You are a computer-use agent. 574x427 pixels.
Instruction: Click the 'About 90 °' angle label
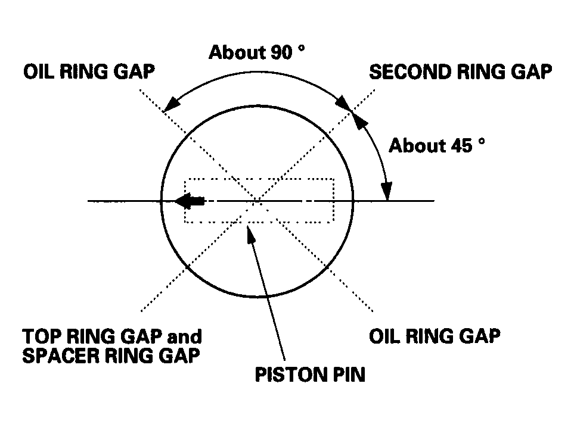tap(257, 52)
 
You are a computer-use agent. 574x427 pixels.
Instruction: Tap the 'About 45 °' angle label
tap(437, 146)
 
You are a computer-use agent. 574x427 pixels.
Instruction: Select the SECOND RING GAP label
tap(461, 71)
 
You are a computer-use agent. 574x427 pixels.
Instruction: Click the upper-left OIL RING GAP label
tap(89, 71)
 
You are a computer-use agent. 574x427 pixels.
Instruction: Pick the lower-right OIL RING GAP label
tap(435, 336)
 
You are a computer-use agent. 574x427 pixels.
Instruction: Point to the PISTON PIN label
tap(310, 375)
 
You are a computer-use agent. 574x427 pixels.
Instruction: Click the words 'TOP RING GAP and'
tap(112, 336)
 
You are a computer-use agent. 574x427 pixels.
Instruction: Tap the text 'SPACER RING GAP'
tap(111, 356)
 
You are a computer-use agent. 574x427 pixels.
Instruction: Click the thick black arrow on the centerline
tap(190, 201)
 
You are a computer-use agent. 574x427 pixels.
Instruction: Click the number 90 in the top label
tap(281, 52)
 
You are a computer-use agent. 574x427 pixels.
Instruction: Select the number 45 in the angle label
tap(461, 146)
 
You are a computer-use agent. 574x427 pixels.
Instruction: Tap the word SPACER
tap(60, 356)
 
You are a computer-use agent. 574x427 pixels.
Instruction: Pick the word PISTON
tap(287, 375)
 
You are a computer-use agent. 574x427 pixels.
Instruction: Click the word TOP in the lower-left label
tap(42, 336)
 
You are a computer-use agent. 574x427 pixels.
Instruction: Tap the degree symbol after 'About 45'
tap(482, 141)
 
